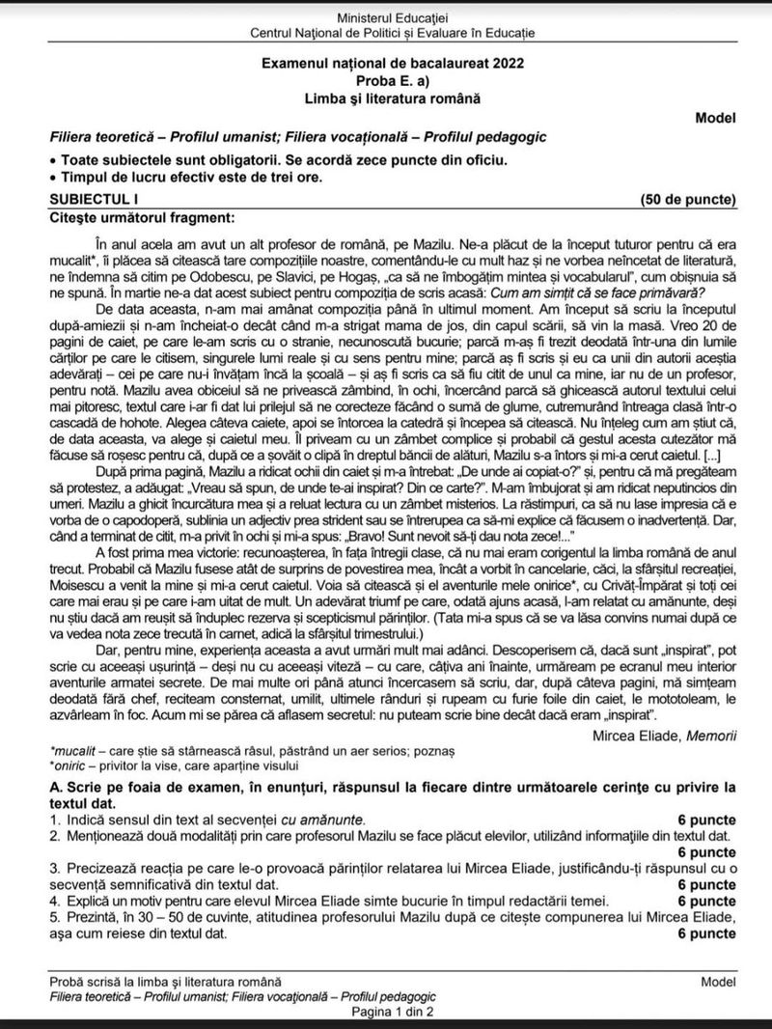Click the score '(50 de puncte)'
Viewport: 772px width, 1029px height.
pyautogui.click(x=688, y=200)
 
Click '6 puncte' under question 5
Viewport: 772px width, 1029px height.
pyautogui.click(x=706, y=934)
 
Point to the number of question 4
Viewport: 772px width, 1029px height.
pyautogui.click(x=55, y=901)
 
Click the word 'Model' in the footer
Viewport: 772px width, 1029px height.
pyautogui.click(x=719, y=982)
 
